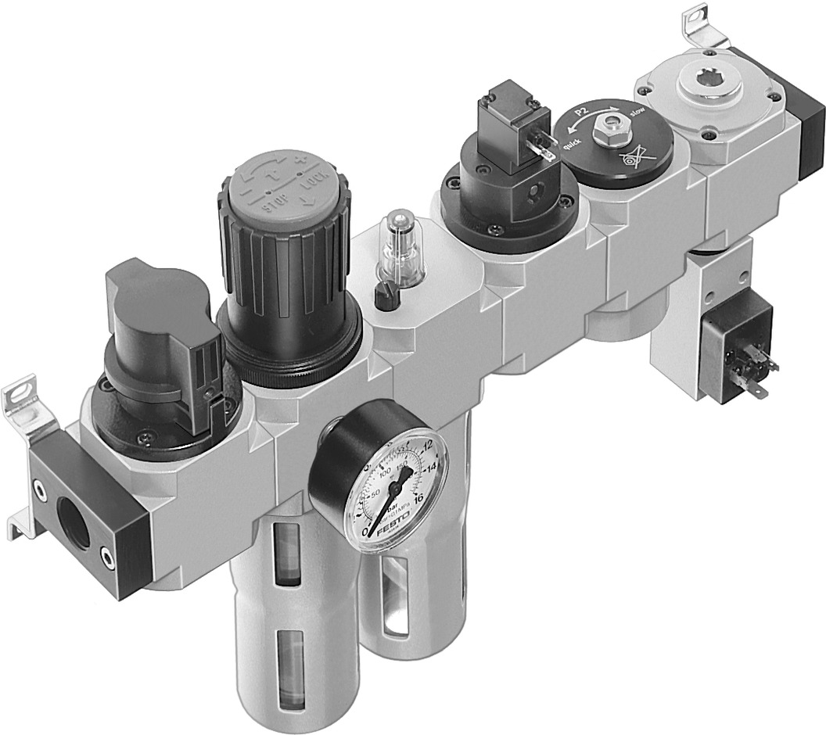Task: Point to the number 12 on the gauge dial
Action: click(426, 446)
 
